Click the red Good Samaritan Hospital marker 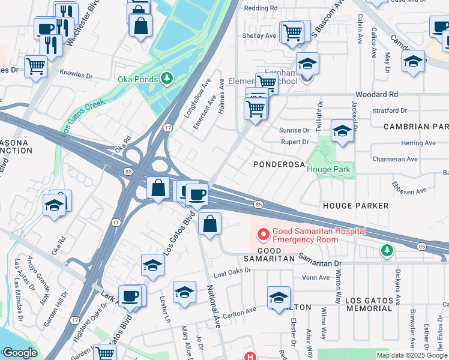(262, 233)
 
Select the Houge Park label (329, 170)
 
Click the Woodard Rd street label (376, 95)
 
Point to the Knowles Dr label (76, 76)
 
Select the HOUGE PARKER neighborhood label (355, 205)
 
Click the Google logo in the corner (20, 353)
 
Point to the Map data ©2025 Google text (412, 355)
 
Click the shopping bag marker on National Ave (209, 225)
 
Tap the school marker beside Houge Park (342, 131)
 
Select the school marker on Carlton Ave (279, 298)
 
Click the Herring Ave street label (418, 143)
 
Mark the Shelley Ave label (259, 36)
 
